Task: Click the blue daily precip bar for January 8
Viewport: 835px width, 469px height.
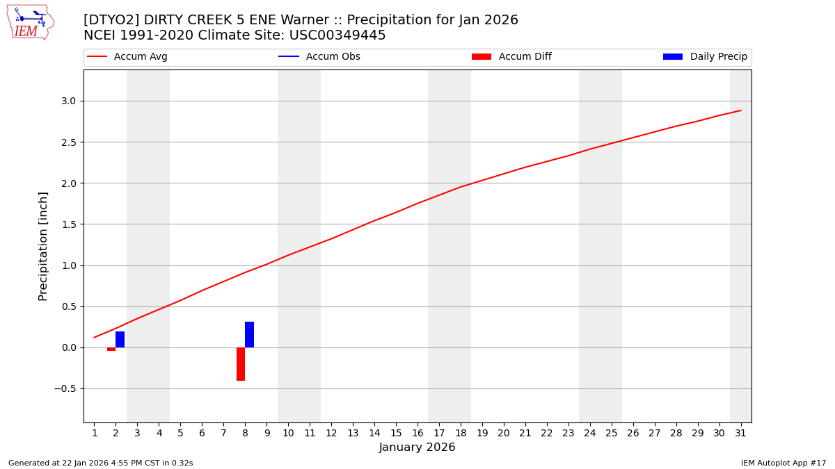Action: [x=249, y=335]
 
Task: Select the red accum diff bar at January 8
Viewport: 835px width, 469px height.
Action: [x=241, y=364]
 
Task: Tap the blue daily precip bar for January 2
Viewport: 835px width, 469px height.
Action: [x=120, y=340]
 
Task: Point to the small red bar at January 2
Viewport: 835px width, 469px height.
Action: [x=111, y=349]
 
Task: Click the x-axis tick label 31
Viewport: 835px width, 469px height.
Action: [x=740, y=434]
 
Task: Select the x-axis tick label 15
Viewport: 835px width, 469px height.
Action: [x=396, y=434]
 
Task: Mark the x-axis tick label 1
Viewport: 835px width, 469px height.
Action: [x=95, y=434]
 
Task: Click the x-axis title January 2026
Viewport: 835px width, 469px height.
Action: [x=417, y=448]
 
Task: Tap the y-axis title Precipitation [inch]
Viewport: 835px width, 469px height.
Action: [x=43, y=246]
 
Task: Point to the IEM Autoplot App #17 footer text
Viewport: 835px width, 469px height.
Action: [x=784, y=463]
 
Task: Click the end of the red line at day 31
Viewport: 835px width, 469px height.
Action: [x=740, y=110]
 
